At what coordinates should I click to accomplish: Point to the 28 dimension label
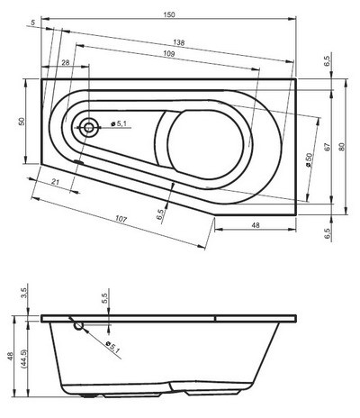click(x=65, y=62)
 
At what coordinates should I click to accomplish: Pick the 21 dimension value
click(x=56, y=184)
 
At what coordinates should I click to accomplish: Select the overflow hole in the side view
click(x=78, y=324)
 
